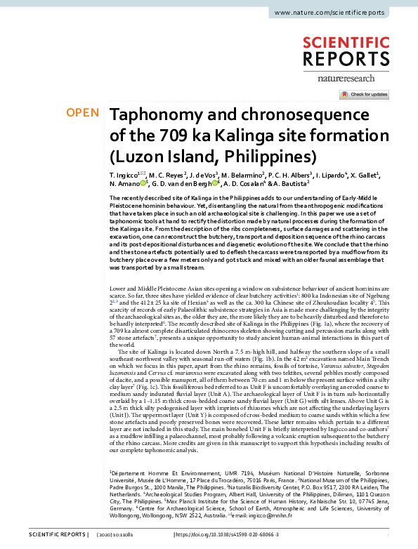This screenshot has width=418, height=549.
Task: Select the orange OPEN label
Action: [x=81, y=113]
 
